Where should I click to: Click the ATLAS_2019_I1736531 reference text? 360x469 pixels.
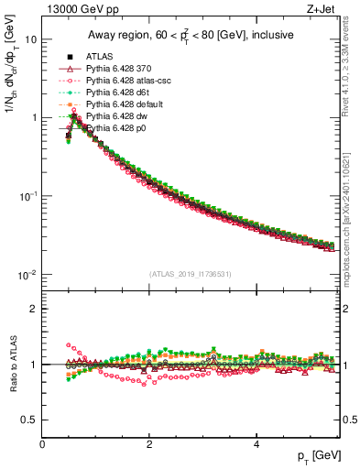[x=191, y=274]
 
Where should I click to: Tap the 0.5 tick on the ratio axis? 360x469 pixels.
[x=29, y=420]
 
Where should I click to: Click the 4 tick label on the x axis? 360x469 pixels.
[x=256, y=443]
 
